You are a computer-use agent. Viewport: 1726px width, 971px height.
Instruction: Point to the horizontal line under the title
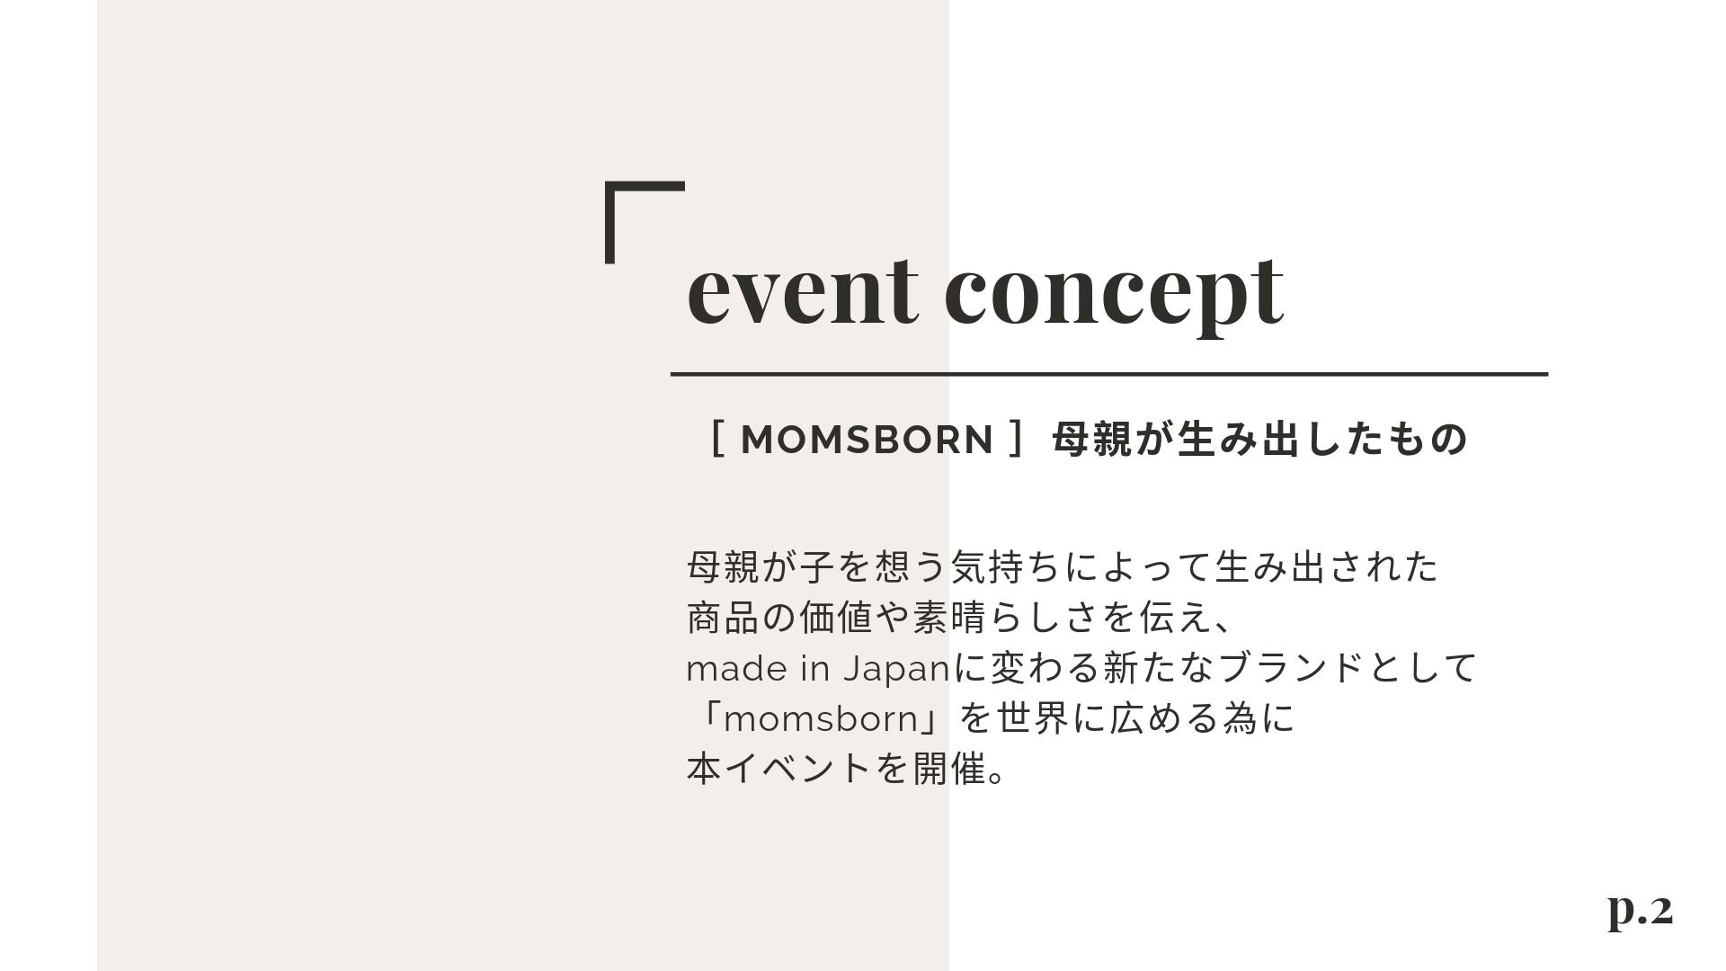click(x=1109, y=373)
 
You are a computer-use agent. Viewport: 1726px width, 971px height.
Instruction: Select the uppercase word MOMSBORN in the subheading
click(x=867, y=440)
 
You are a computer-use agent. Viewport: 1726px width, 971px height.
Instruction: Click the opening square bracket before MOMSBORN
click(x=717, y=440)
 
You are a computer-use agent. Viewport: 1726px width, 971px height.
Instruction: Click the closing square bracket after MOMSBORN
click(x=1016, y=440)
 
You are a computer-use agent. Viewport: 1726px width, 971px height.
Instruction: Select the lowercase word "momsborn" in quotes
click(x=819, y=719)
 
